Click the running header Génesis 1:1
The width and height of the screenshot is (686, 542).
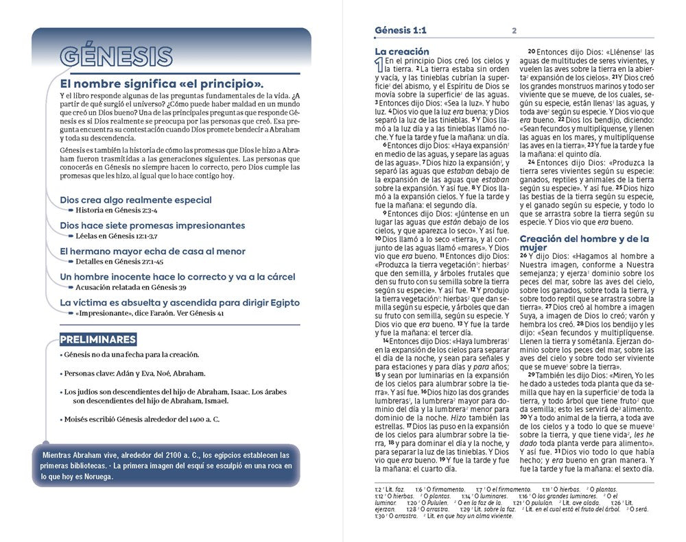click(x=400, y=30)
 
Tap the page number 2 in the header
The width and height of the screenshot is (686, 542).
click(x=514, y=31)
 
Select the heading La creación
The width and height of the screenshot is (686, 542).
click(x=401, y=51)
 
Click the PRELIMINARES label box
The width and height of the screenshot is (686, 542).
click(x=97, y=339)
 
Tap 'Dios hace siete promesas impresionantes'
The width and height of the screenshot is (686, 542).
click(x=152, y=225)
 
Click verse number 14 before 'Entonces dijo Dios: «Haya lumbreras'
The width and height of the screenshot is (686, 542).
click(x=386, y=340)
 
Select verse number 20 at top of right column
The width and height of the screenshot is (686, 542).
click(x=532, y=52)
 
